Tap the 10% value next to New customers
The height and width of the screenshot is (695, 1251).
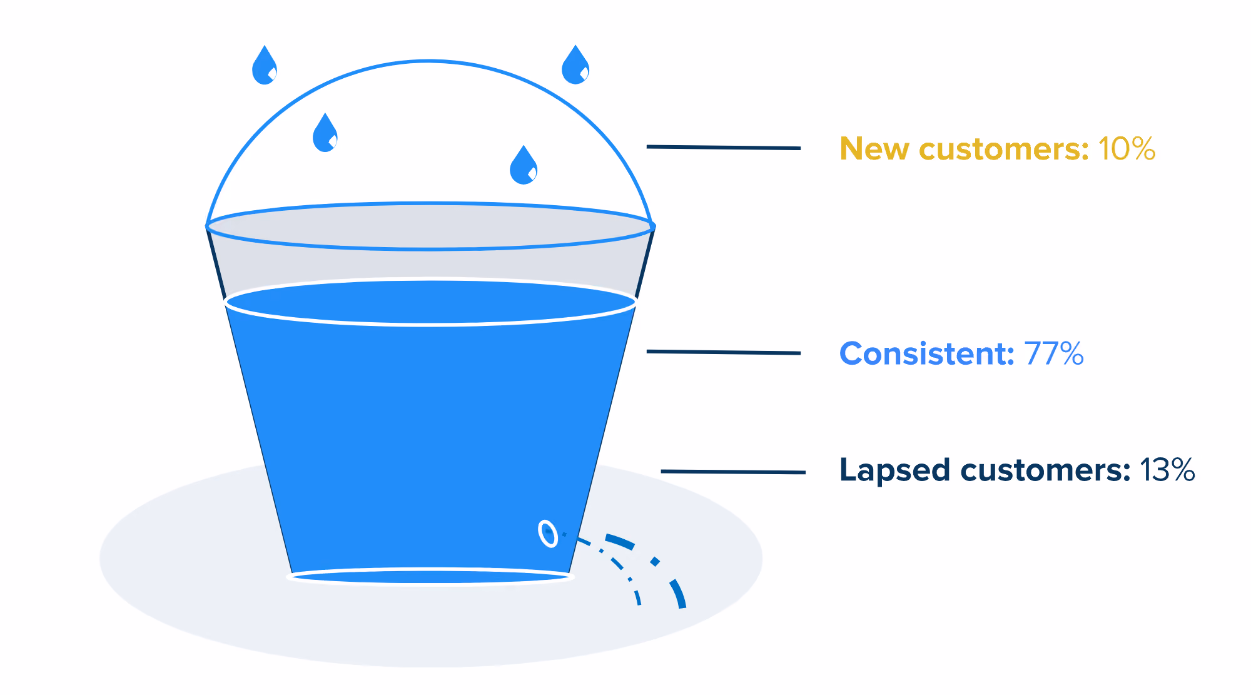[x=1127, y=149]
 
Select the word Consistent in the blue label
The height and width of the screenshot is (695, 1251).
[x=926, y=353]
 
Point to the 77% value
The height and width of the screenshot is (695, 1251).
[x=1054, y=353]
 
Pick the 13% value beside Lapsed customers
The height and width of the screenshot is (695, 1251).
[x=1167, y=470]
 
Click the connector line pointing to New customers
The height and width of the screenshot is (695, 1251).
[x=724, y=148]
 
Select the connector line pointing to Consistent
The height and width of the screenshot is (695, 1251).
[x=724, y=352]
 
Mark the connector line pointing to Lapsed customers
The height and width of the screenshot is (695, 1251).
[x=733, y=472]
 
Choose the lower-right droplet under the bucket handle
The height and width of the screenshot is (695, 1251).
[x=524, y=165]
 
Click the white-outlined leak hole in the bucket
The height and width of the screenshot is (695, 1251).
[x=548, y=534]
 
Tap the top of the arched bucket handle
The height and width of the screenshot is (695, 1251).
[x=430, y=61]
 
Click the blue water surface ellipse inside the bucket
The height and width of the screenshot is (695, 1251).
[x=430, y=303]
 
